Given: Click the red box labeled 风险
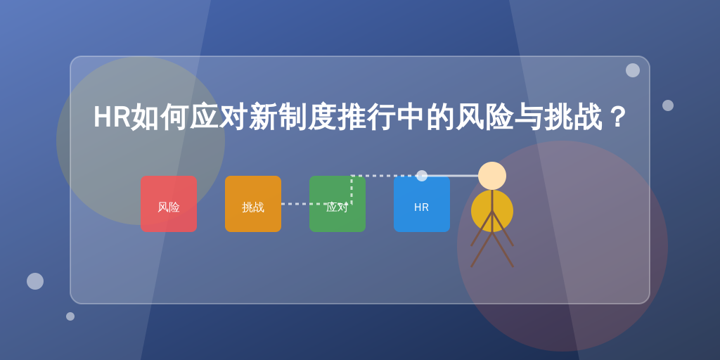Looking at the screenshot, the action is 169,204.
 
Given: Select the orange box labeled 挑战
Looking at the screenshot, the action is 253,204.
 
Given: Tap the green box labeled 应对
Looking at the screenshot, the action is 337,204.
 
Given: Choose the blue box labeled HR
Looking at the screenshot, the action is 422,204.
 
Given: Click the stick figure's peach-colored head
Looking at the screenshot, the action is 492,176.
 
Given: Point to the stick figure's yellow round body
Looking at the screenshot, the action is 492,211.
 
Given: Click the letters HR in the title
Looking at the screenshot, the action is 112,117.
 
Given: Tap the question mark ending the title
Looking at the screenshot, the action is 617,117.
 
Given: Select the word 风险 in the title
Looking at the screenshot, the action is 484,117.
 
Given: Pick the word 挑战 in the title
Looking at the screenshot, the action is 573,117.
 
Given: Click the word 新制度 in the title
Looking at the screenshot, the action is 293,117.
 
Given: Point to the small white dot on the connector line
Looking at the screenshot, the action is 422,176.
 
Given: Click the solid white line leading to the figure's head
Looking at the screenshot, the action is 450,176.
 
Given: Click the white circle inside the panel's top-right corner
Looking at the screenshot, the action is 633,70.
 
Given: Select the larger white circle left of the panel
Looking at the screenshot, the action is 35,281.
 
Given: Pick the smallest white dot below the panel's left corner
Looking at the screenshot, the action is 70,316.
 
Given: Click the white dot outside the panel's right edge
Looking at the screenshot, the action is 668,105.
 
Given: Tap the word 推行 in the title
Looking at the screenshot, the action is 367,117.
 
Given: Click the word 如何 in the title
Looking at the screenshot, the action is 160,117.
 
